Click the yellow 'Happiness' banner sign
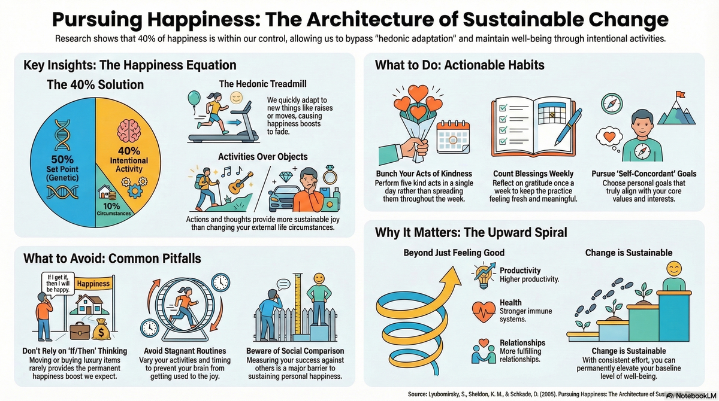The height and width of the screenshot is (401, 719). pos(93,284)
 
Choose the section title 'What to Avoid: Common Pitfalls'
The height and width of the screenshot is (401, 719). pos(112,259)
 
